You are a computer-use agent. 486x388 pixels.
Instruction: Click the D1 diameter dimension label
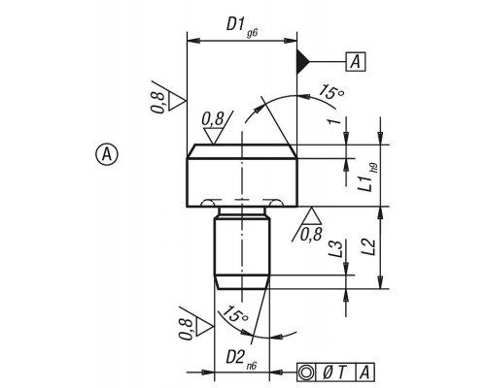tap(235, 24)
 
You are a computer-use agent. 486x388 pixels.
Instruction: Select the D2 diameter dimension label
tap(235, 357)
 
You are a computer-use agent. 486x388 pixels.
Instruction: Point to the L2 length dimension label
tap(368, 246)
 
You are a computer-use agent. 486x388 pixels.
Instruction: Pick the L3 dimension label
tap(335, 248)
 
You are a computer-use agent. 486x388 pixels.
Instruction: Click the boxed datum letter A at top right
tap(356, 61)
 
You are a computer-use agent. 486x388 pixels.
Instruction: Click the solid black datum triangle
tap(303, 61)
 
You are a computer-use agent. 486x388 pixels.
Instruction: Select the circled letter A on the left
tap(107, 154)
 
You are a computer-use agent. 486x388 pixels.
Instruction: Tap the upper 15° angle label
tap(330, 92)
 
